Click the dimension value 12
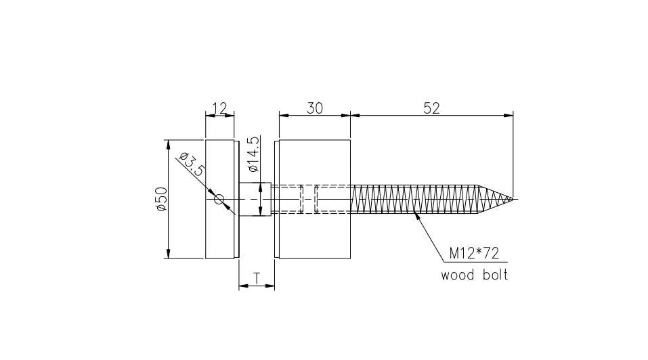(219, 108)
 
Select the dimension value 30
(314, 108)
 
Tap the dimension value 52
(431, 108)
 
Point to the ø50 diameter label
(162, 200)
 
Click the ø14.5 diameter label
(253, 154)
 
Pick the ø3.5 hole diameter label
(192, 164)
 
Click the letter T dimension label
(257, 279)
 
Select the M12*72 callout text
(474, 253)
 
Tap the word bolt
(496, 275)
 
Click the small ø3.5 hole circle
(219, 200)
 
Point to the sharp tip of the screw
(513, 200)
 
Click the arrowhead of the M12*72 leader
(417, 217)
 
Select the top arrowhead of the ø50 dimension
(167, 144)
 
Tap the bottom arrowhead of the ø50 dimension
(167, 254)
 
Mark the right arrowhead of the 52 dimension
(509, 116)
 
